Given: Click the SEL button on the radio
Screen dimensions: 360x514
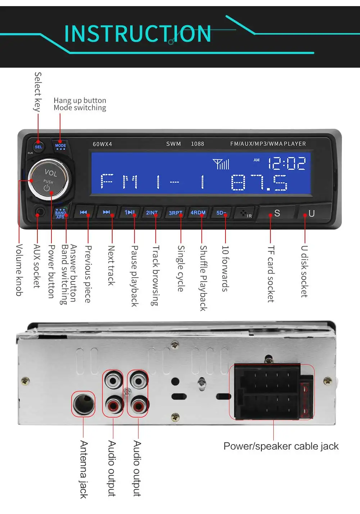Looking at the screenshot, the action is pos(38,146).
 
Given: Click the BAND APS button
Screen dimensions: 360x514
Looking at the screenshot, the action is pos(60,213).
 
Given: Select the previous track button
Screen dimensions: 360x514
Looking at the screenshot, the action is pos(84,212).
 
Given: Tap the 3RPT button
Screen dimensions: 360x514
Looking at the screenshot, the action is pos(176,213).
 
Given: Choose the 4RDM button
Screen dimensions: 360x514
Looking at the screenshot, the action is pos(198,212).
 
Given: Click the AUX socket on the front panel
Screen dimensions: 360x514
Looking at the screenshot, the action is pos(39,212).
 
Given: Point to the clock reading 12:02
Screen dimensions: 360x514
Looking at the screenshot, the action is pos(287,163).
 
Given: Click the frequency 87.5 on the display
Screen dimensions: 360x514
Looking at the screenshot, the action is pos(259,182).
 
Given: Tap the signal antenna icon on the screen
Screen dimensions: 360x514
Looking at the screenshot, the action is pos(221,164).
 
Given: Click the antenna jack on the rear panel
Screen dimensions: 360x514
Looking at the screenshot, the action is pos(83,404).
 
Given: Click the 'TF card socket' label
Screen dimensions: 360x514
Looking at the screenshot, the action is pos(271,274).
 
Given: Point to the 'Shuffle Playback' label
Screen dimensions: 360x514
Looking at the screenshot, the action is pos(203,278).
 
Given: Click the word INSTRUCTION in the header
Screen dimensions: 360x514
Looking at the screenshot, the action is pos(137,34).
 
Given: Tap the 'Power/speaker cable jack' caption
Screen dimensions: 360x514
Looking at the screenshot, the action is pos(281,446).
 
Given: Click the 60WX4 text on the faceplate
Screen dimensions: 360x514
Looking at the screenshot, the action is pos(102,144).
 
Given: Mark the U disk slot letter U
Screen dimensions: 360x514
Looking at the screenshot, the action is pos(311,213).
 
